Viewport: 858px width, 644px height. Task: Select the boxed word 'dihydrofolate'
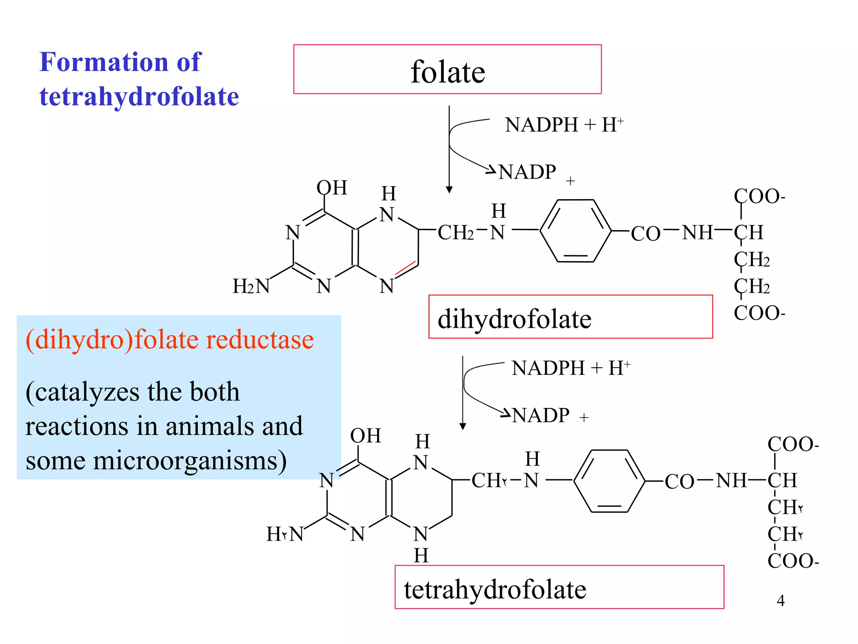pos(514,319)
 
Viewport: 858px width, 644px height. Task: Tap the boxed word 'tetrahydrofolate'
pos(495,589)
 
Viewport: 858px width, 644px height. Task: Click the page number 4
pos(780,600)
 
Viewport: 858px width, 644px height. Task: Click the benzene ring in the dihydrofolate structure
pos(575,231)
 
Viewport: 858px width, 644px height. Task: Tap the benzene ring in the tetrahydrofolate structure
pos(609,481)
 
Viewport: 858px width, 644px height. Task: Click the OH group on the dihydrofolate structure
pos(332,188)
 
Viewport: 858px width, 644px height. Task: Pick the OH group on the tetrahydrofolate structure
pos(365,436)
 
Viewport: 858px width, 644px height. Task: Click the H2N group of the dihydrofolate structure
pos(251,286)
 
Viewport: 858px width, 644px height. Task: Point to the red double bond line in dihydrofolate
pos(405,268)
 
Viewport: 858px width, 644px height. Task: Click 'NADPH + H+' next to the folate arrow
pos(564,125)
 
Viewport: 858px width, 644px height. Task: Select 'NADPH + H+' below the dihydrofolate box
pos(571,368)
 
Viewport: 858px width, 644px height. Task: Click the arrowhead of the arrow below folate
pos(449,190)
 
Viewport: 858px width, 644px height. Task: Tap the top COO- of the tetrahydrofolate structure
pos(793,444)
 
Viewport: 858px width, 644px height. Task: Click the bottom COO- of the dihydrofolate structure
pos(759,313)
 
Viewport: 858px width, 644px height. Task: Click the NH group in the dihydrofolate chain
pos(697,232)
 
